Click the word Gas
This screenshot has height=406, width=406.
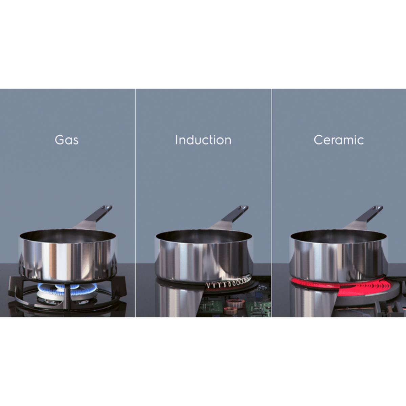click(x=67, y=140)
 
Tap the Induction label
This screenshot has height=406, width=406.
click(x=203, y=140)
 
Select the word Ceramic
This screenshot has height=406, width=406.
click(x=338, y=140)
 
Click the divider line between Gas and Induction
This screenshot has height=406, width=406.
click(x=135, y=203)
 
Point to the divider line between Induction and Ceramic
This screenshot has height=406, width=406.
click(x=271, y=203)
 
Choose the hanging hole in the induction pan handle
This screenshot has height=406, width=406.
click(x=244, y=207)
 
